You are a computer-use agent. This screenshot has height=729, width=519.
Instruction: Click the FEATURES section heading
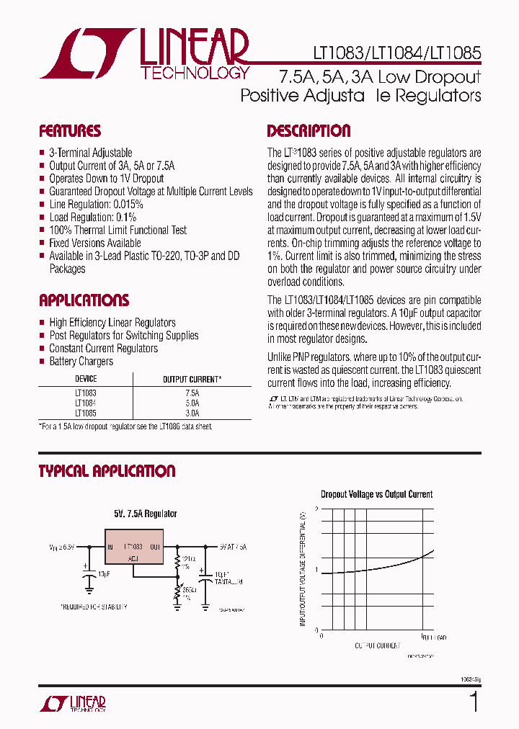click(70, 131)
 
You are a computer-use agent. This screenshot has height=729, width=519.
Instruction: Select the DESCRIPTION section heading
click(309, 131)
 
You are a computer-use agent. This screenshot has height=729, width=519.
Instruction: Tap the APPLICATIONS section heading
click(84, 300)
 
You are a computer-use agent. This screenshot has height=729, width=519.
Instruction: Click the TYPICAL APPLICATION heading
click(107, 471)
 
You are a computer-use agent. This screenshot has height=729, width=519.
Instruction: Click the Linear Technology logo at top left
click(144, 53)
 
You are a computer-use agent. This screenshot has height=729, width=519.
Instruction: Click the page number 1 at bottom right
click(474, 702)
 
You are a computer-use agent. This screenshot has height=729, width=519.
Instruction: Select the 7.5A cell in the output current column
click(192, 393)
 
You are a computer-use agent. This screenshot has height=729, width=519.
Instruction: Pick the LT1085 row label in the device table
click(86, 413)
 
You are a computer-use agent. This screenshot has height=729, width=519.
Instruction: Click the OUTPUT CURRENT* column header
click(192, 379)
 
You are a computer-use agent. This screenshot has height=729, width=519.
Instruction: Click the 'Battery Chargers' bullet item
click(81, 361)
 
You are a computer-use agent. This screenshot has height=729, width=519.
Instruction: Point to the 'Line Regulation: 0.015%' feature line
click(96, 204)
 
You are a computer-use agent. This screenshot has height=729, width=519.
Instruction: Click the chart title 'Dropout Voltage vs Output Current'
click(376, 494)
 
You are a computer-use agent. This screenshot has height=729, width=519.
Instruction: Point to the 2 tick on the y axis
click(316, 510)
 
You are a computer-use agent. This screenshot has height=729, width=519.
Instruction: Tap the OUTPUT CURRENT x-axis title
click(377, 645)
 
